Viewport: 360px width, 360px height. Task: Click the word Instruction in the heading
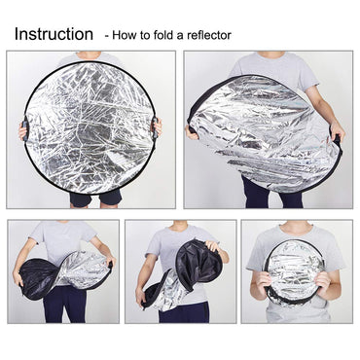pyautogui.click(x=54, y=34)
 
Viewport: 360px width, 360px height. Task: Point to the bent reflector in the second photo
pyautogui.click(x=263, y=131)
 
